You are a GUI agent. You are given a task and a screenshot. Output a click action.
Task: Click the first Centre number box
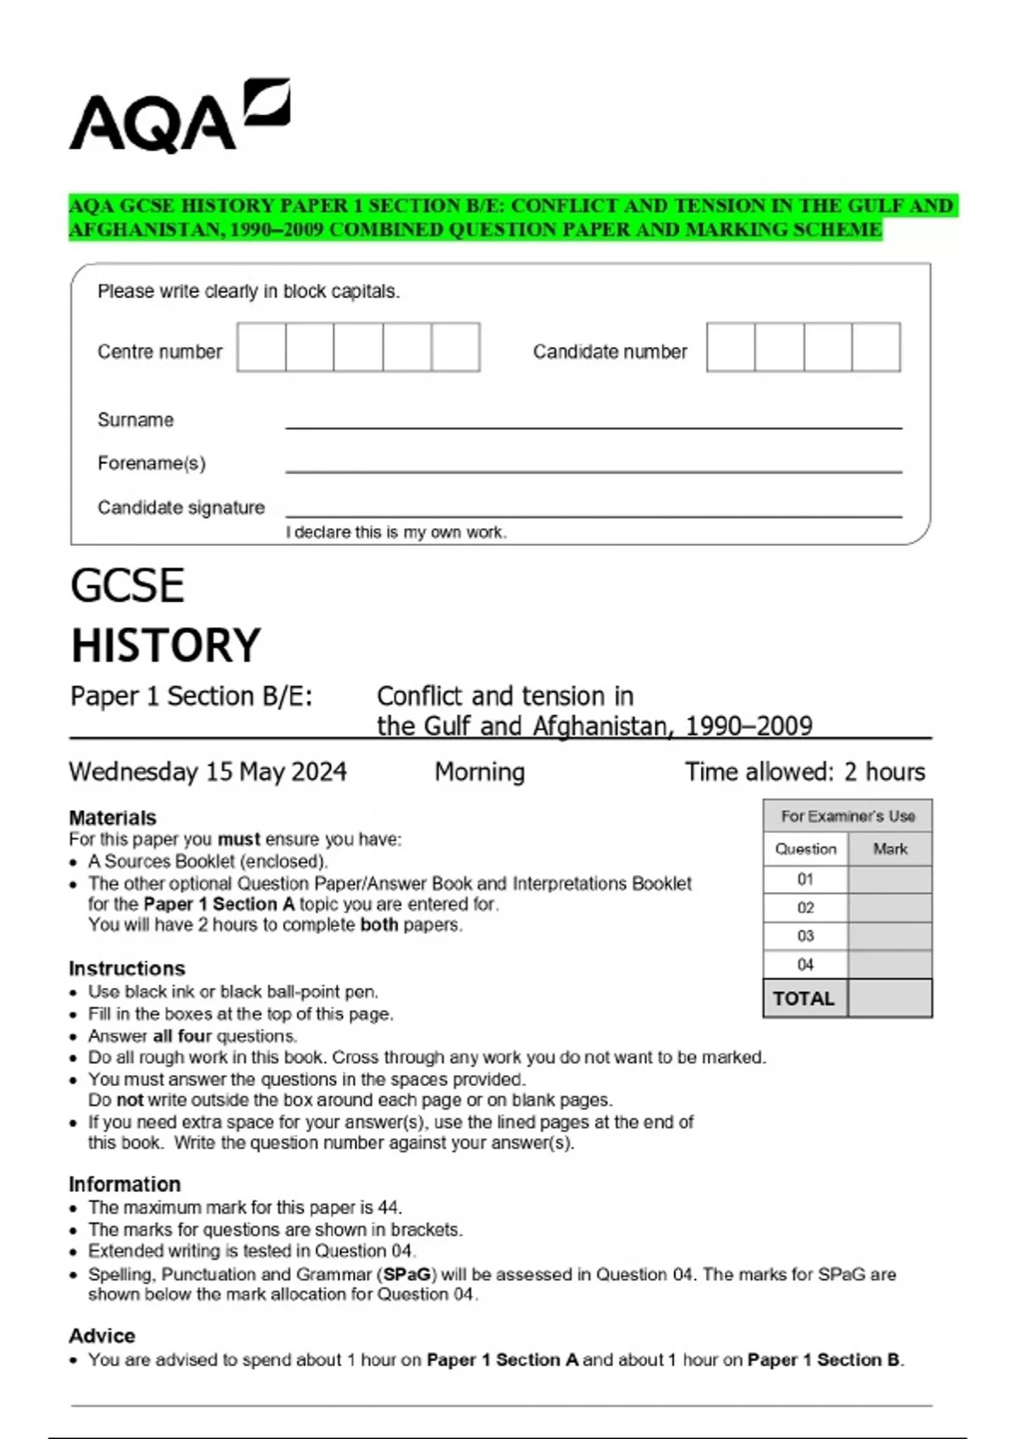[x=262, y=347]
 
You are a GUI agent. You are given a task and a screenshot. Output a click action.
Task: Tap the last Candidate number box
[x=875, y=347]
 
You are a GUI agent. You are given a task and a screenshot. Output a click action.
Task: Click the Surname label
[x=135, y=420]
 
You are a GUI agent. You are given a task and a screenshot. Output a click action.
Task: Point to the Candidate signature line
[x=593, y=514]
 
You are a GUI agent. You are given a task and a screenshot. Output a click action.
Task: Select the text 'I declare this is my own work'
[x=395, y=532]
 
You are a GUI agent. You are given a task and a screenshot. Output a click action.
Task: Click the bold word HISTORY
[x=166, y=646]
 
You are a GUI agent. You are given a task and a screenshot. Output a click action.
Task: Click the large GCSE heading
[x=127, y=586]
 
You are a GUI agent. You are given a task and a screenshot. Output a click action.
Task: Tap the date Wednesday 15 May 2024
[x=207, y=772]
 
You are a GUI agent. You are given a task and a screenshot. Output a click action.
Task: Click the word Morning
[x=479, y=772]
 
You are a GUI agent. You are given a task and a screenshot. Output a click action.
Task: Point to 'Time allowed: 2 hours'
[x=804, y=772]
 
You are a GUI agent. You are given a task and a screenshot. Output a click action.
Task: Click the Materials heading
[x=113, y=818]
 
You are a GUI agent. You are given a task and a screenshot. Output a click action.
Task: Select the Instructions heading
[x=127, y=968]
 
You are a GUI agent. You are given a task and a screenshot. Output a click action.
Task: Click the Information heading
[x=124, y=1184]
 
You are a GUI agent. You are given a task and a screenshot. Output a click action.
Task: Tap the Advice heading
[x=102, y=1336]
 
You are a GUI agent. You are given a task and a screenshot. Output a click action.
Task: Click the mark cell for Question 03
[x=889, y=936]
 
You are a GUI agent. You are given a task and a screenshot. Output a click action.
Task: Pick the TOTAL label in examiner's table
[x=803, y=999]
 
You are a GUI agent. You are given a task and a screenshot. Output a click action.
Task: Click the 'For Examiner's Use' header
[x=848, y=816]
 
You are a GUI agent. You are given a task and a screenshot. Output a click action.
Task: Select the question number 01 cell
[x=805, y=879]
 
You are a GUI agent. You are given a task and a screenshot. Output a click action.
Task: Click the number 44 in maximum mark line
[x=389, y=1208]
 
